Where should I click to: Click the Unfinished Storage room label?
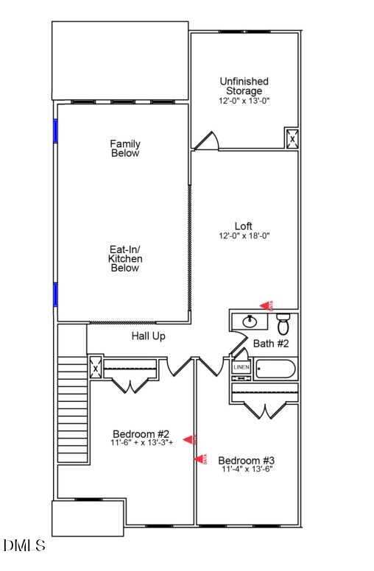244,86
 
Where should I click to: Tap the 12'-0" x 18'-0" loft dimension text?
244,236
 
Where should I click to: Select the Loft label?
244,226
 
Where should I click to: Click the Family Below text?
125,149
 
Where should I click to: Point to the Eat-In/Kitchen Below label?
125,259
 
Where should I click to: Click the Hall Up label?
148,336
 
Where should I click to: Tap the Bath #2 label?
270,344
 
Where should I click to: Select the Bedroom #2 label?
141,433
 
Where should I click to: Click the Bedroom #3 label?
246,461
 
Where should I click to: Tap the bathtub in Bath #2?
274,369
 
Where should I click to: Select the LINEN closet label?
241,367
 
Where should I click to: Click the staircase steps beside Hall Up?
73,408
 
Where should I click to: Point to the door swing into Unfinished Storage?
207,141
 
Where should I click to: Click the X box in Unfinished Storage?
292,138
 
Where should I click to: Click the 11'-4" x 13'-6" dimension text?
246,470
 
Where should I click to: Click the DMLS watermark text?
24,546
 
